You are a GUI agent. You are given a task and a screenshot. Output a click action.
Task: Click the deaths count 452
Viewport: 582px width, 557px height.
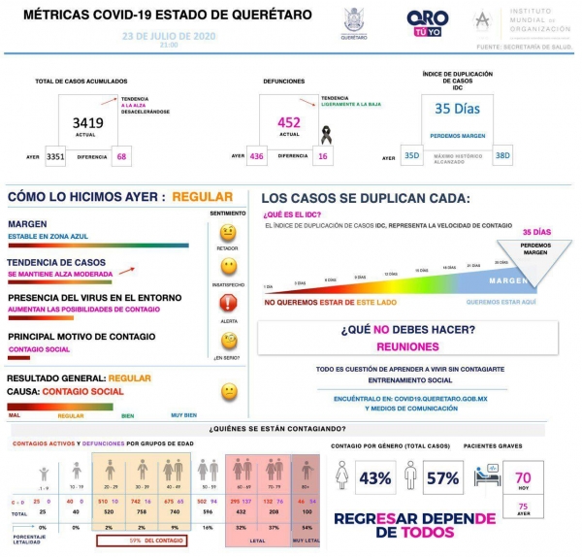click(x=289, y=123)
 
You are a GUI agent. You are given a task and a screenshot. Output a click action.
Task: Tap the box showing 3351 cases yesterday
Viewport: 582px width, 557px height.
click(x=55, y=155)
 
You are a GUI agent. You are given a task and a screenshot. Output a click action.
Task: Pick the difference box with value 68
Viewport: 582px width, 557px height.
click(x=121, y=155)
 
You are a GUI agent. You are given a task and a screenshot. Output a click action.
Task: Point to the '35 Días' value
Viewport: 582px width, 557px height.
click(x=456, y=109)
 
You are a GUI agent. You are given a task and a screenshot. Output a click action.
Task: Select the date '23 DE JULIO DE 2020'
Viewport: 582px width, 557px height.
click(x=169, y=34)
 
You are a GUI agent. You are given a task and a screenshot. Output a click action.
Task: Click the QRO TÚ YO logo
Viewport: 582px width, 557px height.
click(x=427, y=21)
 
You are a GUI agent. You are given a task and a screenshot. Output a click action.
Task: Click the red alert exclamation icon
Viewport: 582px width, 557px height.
click(x=229, y=302)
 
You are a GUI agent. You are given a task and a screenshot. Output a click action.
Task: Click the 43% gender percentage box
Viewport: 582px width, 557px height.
click(x=374, y=478)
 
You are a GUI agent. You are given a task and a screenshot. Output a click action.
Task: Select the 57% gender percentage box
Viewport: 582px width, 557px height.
click(x=442, y=478)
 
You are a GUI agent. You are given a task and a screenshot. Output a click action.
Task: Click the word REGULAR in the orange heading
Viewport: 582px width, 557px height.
click(x=202, y=197)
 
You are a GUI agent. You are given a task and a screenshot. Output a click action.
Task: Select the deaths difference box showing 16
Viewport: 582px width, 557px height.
click(x=323, y=155)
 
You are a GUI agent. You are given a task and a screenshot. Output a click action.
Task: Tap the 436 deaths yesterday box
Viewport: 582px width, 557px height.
click(x=257, y=155)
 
